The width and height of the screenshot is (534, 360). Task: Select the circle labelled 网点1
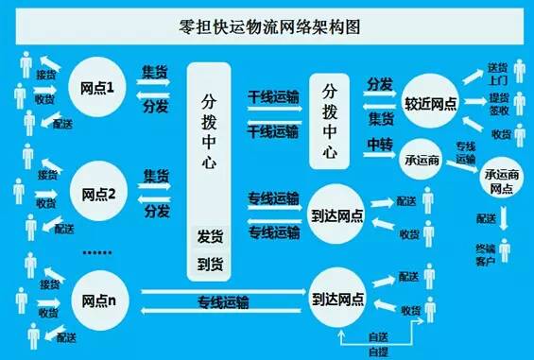(x=98, y=90)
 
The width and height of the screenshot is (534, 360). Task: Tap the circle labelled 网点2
(x=98, y=197)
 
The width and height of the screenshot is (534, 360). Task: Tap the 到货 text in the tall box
(x=209, y=262)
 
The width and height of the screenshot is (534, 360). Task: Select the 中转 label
(x=380, y=144)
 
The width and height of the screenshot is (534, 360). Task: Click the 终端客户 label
(x=484, y=254)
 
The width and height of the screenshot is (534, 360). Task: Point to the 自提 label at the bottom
(x=377, y=351)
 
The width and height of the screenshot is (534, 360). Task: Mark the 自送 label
(x=377, y=336)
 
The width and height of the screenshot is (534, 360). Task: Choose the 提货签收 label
(x=495, y=105)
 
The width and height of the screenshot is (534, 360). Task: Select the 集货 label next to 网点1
(x=156, y=72)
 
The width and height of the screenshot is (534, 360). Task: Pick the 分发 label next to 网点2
(x=156, y=210)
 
